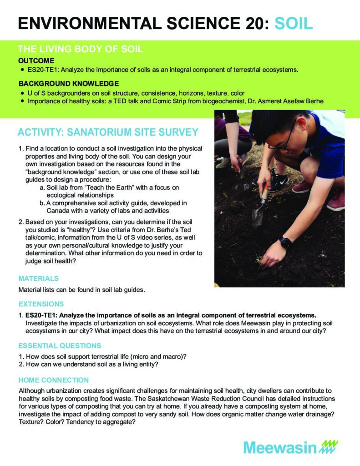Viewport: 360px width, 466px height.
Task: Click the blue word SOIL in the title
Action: pyautogui.click(x=294, y=23)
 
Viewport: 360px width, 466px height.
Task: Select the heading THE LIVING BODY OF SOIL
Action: pyautogui.click(x=80, y=49)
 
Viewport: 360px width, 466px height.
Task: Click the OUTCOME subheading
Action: pyautogui.click(x=36, y=61)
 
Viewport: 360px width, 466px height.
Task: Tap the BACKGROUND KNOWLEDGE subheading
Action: pyautogui.click(x=69, y=83)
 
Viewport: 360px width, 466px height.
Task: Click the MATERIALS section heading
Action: pyautogui.click(x=39, y=278)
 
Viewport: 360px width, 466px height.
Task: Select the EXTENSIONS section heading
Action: pyautogui.click(x=41, y=304)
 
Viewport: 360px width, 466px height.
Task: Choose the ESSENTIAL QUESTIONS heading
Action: pyautogui.click(x=60, y=345)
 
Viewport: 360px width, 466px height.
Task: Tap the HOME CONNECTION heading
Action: pyautogui.click(x=53, y=380)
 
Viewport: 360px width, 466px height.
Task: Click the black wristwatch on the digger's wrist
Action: pyautogui.click(x=286, y=242)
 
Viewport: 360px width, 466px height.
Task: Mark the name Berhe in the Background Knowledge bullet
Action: pyautogui.click(x=311, y=101)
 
